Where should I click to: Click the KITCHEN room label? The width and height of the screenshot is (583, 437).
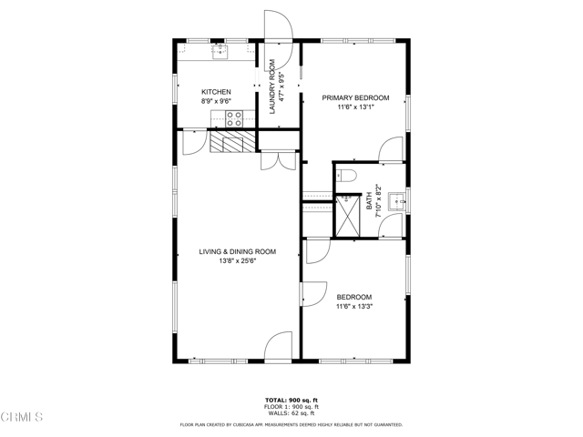pyautogui.click(x=216, y=92)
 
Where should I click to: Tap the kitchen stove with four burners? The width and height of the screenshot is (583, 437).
pyautogui.click(x=234, y=117)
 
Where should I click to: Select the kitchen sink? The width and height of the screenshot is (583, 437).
pyautogui.click(x=220, y=52)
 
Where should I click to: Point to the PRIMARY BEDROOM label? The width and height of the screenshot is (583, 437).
pyautogui.click(x=356, y=97)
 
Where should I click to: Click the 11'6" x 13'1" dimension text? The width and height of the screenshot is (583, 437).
pyautogui.click(x=356, y=107)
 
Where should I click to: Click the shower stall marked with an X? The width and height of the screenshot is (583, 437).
pyautogui.click(x=347, y=216)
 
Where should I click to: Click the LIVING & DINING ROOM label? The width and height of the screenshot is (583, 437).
pyautogui.click(x=237, y=251)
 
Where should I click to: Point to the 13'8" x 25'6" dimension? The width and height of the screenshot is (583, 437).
pyautogui.click(x=237, y=261)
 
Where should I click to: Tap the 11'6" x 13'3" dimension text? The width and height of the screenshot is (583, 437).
pyautogui.click(x=354, y=307)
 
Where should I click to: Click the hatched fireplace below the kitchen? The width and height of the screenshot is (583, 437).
pyautogui.click(x=231, y=142)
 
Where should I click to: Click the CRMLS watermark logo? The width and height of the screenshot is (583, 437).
pyautogui.click(x=23, y=418)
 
